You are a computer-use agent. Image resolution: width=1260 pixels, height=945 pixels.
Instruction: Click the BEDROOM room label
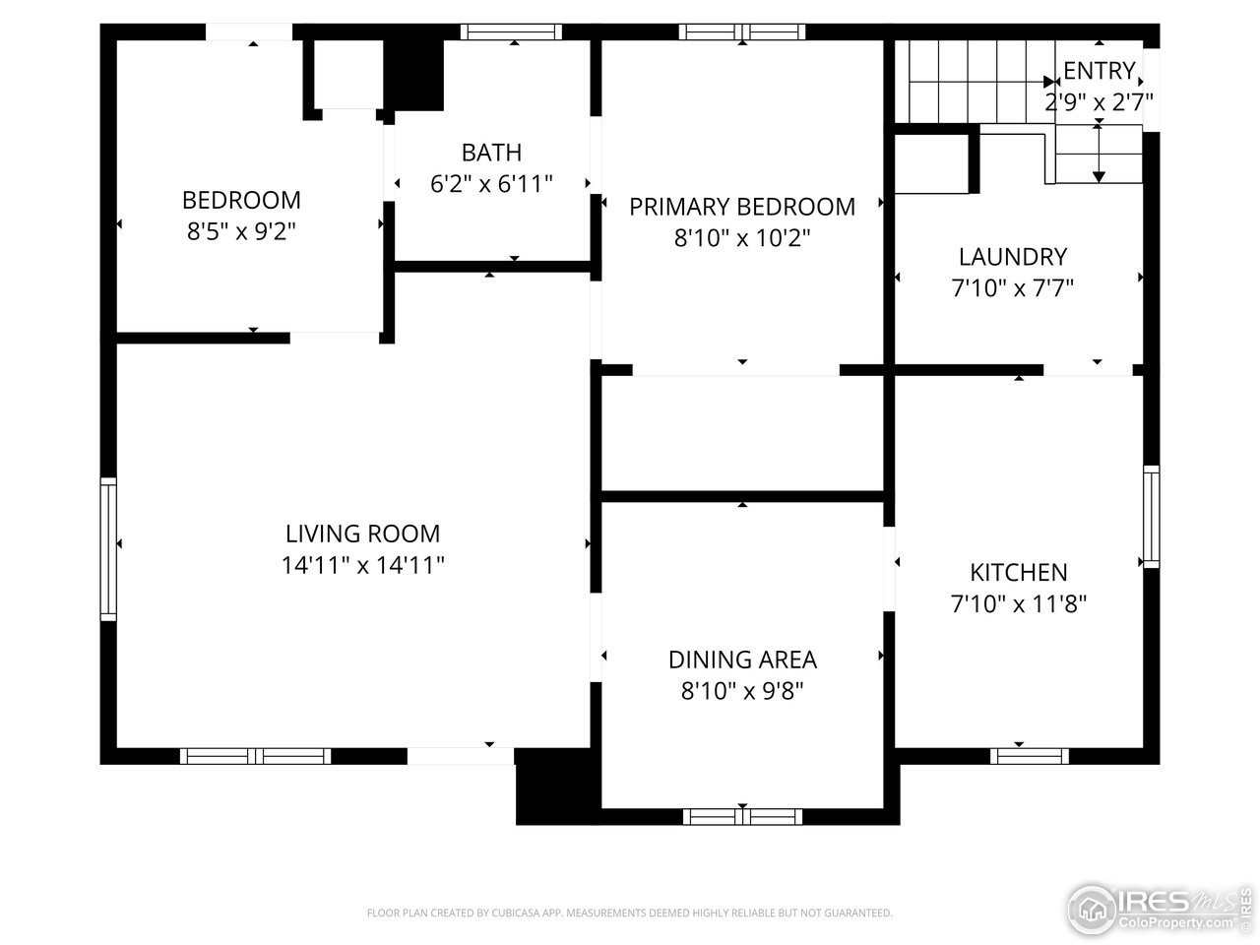[x=241, y=200]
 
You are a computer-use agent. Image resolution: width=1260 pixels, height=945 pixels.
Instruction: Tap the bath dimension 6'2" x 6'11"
[x=491, y=183]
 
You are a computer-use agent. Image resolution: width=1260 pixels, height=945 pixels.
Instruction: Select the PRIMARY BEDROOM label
[x=741, y=207]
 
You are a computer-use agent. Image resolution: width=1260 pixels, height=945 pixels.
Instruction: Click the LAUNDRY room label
[x=1012, y=257]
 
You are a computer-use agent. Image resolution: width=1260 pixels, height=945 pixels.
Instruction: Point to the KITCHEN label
[x=1018, y=572]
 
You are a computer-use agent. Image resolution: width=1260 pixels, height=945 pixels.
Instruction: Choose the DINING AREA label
[x=742, y=660]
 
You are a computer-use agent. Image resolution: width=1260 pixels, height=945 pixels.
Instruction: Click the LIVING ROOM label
[x=362, y=534]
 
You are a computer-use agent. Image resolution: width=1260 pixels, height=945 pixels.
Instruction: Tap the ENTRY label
[x=1099, y=71]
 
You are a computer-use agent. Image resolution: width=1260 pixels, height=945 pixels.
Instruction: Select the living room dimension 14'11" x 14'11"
[x=362, y=565]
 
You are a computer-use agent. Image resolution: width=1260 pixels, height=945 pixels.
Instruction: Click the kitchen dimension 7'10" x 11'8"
[x=1018, y=603]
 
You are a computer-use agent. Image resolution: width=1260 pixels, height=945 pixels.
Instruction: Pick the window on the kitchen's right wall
[x=1150, y=517]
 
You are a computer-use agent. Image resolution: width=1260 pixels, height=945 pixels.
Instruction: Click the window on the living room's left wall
[x=108, y=548]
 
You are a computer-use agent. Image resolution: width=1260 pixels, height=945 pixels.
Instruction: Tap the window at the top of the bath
[x=511, y=32]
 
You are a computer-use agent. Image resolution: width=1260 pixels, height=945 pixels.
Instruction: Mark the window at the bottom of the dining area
[x=742, y=816]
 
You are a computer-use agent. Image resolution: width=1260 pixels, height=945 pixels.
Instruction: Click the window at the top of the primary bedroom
[x=742, y=32]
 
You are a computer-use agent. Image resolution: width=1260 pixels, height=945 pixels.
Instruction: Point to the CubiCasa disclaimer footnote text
[x=629, y=913]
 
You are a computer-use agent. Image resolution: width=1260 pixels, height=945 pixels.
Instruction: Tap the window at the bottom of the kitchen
[x=1029, y=756]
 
